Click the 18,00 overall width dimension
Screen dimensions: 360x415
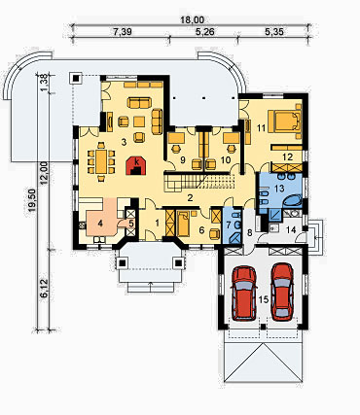click(193, 19)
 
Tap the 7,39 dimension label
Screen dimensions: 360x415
click(123, 31)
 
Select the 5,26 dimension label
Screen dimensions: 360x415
click(204, 31)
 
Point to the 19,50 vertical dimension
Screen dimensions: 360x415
click(32, 201)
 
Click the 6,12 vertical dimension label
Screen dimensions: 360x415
click(45, 289)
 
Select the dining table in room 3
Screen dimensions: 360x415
click(100, 161)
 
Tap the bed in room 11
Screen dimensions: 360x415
click(284, 121)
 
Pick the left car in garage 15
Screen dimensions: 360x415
click(244, 293)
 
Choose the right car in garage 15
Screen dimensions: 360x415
click(282, 292)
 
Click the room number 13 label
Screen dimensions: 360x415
click(279, 188)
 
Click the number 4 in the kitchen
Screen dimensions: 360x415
click(101, 223)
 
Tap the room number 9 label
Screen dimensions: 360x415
click(182, 159)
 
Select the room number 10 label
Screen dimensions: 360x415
click(226, 159)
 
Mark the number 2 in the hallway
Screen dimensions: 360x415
click(191, 197)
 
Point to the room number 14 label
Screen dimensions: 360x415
click(291, 230)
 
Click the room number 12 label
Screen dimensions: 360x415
click(287, 157)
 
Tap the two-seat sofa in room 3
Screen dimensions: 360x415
click(139, 103)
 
